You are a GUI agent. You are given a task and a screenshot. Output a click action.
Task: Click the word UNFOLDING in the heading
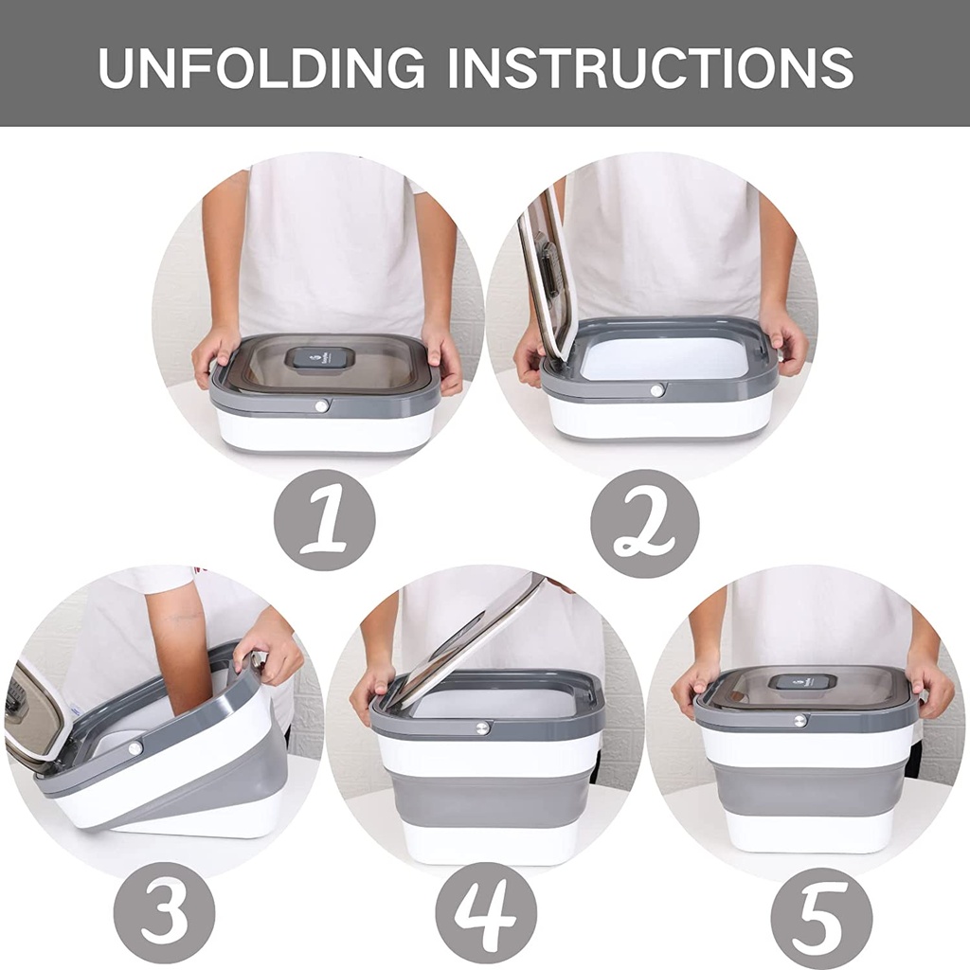coord(261,67)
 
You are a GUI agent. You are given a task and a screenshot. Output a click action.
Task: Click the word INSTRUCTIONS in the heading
coord(651,67)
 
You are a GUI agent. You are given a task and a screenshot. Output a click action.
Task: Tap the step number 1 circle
coord(324,520)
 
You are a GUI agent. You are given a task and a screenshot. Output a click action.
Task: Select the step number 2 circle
coord(644,523)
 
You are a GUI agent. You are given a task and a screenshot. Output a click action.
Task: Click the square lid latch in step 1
coord(319,360)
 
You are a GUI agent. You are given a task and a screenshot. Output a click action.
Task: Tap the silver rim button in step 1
coord(321,405)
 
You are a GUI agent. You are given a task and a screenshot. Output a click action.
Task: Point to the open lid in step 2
coord(548,272)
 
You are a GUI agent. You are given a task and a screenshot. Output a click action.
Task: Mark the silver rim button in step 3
coord(135,748)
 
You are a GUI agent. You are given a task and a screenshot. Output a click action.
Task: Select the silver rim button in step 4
coord(481,727)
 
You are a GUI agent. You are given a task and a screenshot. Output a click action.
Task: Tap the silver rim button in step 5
coord(799,720)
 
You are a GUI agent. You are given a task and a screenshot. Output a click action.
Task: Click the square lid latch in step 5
coord(802,682)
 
